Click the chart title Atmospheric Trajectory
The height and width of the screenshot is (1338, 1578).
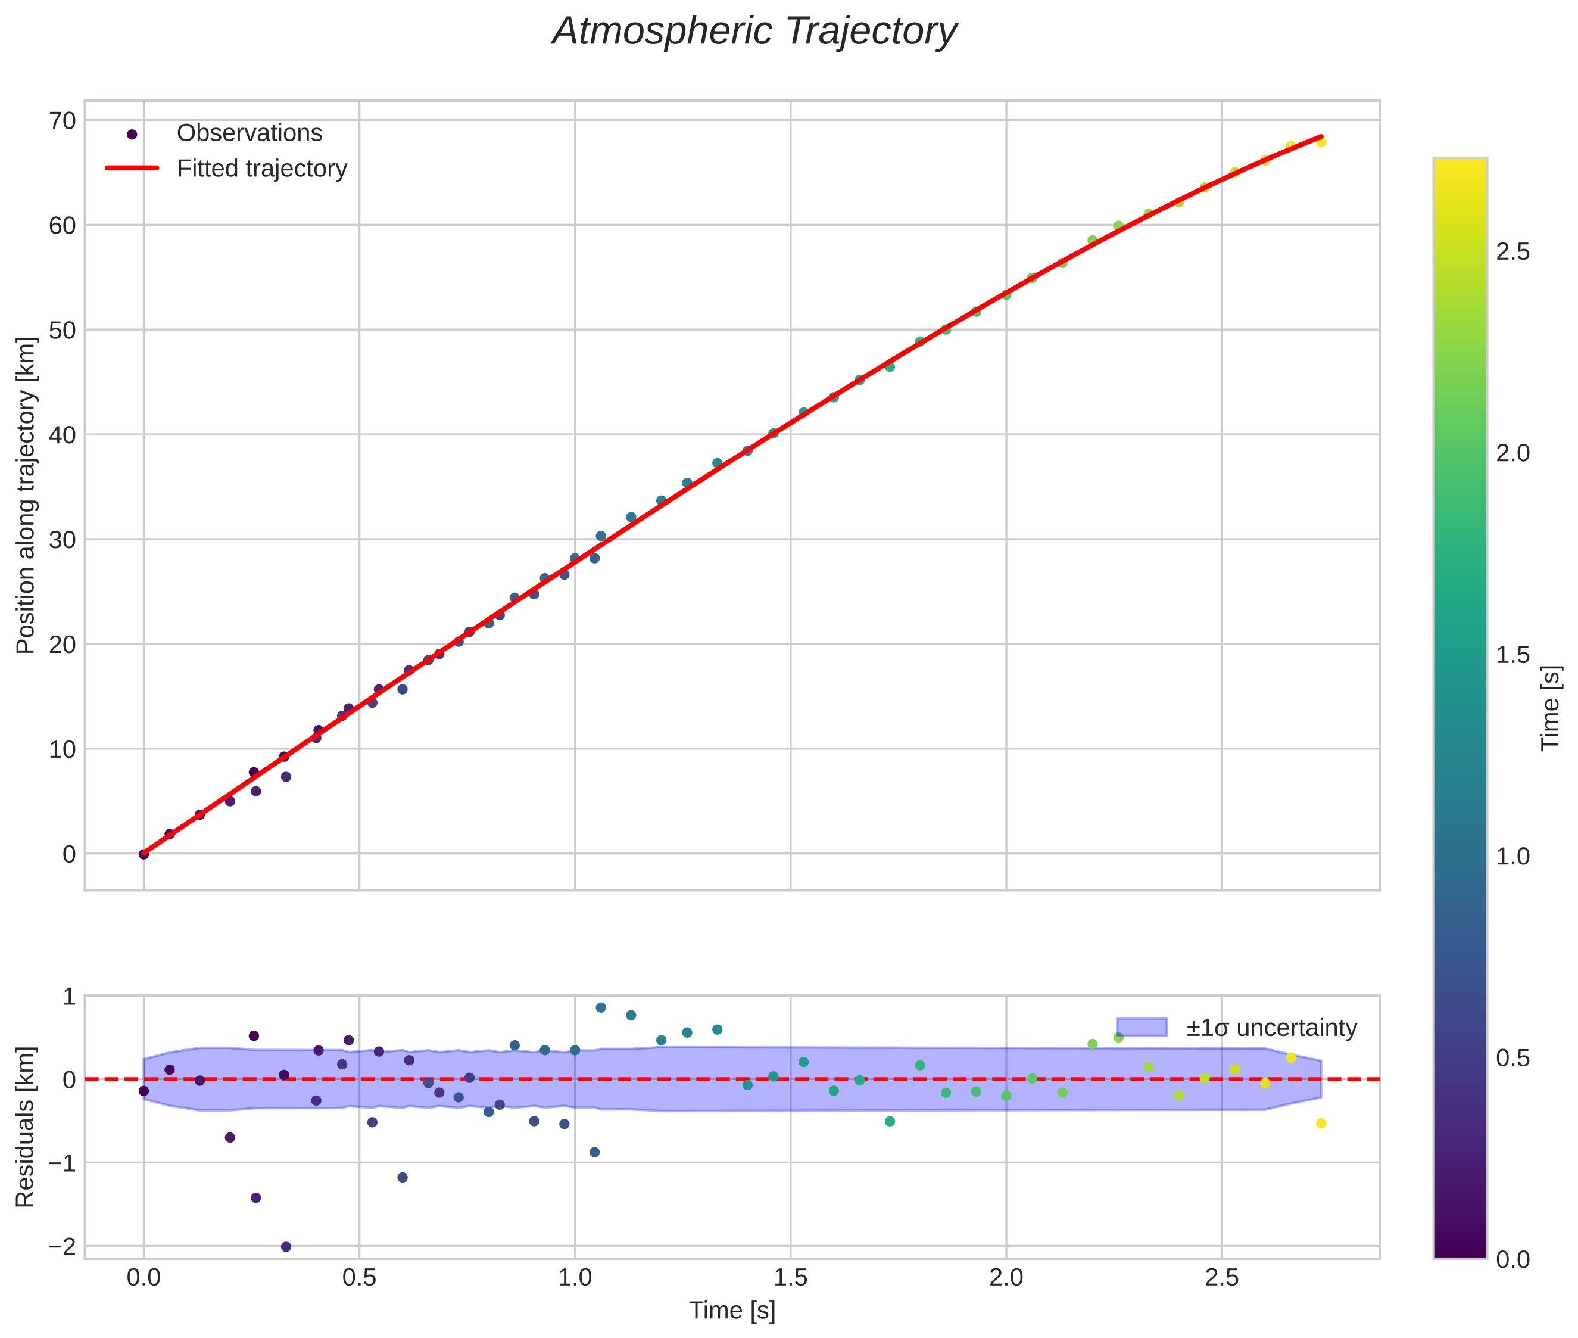point(754,32)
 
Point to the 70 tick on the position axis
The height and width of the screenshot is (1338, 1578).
point(63,120)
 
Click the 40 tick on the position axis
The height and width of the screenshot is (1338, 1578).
point(63,435)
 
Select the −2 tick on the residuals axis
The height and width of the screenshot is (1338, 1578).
point(61,1247)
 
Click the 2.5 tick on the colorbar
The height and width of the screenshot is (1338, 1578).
point(1512,253)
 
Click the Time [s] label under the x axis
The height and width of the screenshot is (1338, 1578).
point(732,1311)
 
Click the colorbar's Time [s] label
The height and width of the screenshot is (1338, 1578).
point(1551,708)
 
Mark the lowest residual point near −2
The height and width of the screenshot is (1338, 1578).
point(286,1247)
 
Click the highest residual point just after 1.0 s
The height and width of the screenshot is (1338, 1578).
point(601,1007)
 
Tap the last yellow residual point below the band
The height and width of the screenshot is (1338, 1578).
point(1321,1124)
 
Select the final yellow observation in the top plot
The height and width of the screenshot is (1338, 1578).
point(1321,142)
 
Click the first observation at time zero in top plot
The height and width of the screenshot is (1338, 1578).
point(144,854)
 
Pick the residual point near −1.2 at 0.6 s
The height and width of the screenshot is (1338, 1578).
point(403,1177)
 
